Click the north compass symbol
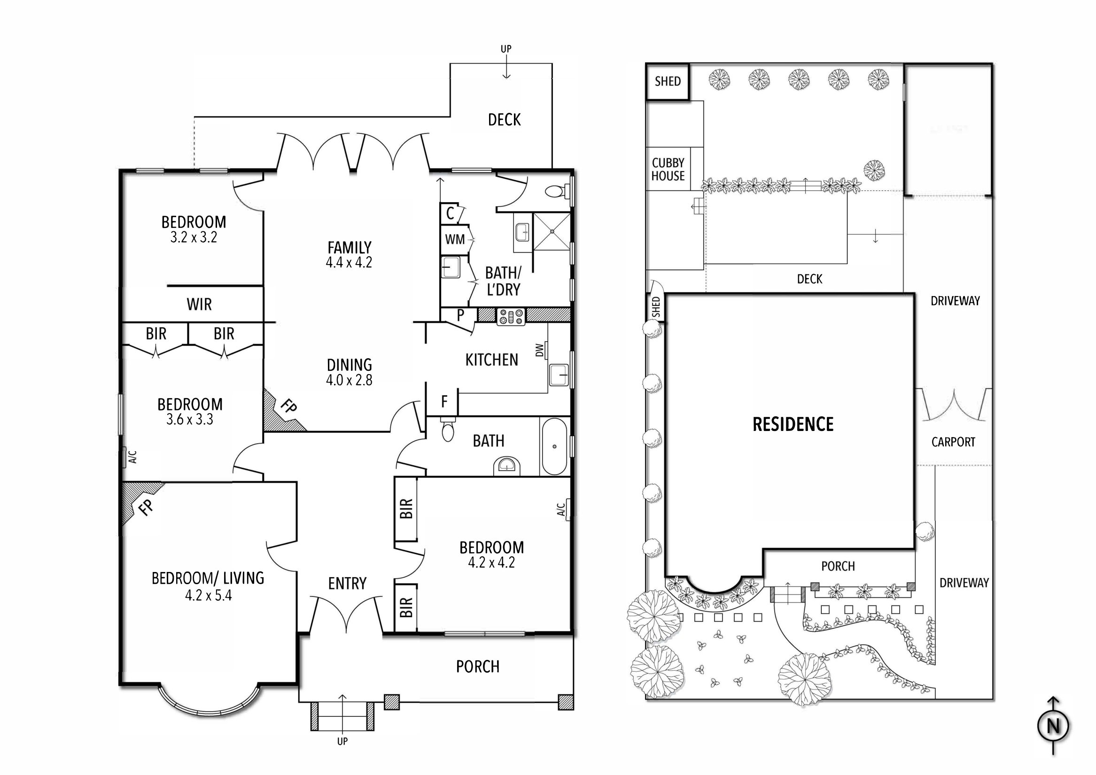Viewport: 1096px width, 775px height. (1053, 726)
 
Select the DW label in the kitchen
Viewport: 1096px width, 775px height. (540, 351)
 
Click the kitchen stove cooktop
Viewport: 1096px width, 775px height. (511, 316)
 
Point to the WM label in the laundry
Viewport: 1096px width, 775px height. (454, 239)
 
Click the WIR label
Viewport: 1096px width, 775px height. (199, 304)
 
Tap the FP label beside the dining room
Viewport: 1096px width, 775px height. (288, 407)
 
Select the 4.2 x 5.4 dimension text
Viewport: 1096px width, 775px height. (208, 595)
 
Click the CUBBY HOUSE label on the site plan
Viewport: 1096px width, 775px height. (668, 170)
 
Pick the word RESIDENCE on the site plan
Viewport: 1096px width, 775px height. (793, 424)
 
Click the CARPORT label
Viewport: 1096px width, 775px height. (953, 442)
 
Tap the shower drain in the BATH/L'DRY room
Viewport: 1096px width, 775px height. (552, 231)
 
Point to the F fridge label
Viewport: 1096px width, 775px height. (444, 402)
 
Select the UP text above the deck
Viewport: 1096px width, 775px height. (506, 49)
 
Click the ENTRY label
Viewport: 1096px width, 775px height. (347, 584)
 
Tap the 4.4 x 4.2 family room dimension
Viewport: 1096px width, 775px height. (349, 262)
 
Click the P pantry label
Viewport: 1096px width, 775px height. (460, 315)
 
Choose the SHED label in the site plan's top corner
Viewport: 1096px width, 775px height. (668, 82)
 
